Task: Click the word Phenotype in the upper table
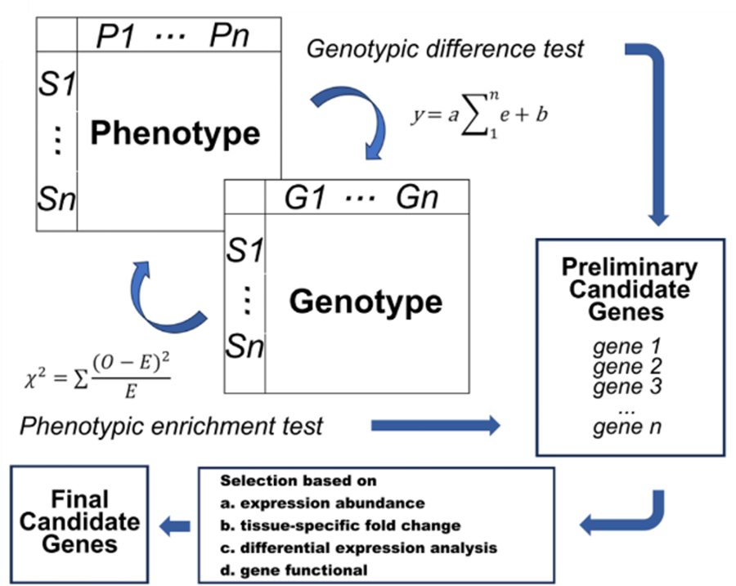(x=175, y=133)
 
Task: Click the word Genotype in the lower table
(x=365, y=302)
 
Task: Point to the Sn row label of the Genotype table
(x=245, y=347)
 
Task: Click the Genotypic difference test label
(x=445, y=49)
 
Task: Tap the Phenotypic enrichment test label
(x=172, y=425)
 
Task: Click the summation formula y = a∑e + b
(x=478, y=114)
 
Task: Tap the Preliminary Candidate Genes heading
(x=629, y=289)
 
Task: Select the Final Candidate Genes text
(x=80, y=521)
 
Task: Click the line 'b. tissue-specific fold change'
(x=340, y=526)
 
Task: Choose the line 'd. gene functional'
(x=294, y=570)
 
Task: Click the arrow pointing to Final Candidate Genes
(x=173, y=526)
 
